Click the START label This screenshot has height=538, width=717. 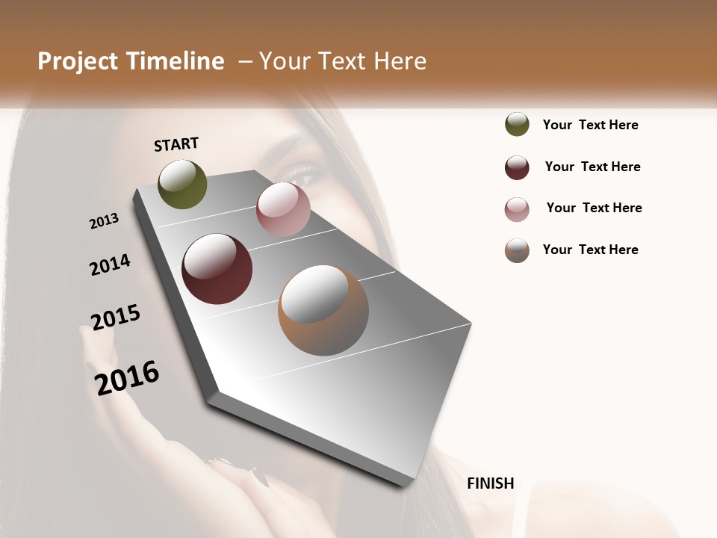[176, 144]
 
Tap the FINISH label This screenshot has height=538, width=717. [491, 483]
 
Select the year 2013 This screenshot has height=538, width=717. [104, 221]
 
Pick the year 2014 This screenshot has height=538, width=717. [110, 265]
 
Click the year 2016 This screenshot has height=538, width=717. [127, 378]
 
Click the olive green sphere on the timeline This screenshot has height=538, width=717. [183, 185]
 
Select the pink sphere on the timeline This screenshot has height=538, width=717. [283, 209]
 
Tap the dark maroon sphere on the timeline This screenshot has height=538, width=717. [217, 269]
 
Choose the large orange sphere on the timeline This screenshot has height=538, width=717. [323, 310]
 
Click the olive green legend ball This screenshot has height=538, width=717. [517, 124]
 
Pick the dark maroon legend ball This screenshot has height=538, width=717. [517, 167]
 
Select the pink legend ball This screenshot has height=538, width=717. [517, 209]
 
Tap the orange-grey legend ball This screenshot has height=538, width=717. [517, 250]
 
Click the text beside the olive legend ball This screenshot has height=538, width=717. [590, 125]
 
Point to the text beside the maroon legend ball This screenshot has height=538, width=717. [592, 167]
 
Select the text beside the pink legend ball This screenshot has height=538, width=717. [594, 208]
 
